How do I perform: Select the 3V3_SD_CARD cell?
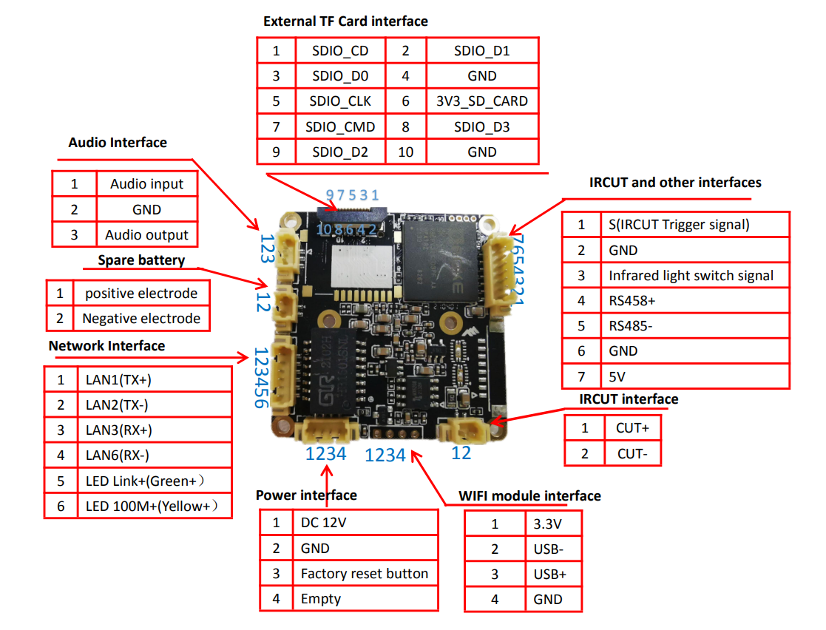coord(481,101)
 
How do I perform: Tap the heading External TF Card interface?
coord(345,21)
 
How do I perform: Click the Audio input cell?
coord(146,184)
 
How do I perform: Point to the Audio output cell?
coord(146,235)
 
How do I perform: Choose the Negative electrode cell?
coord(141,319)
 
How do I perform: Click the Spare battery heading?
coord(141,260)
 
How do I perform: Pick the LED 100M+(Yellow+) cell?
coord(154,506)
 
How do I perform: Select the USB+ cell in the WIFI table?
coord(552,575)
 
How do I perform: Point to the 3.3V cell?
coord(552,524)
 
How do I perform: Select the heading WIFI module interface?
coord(529,495)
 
